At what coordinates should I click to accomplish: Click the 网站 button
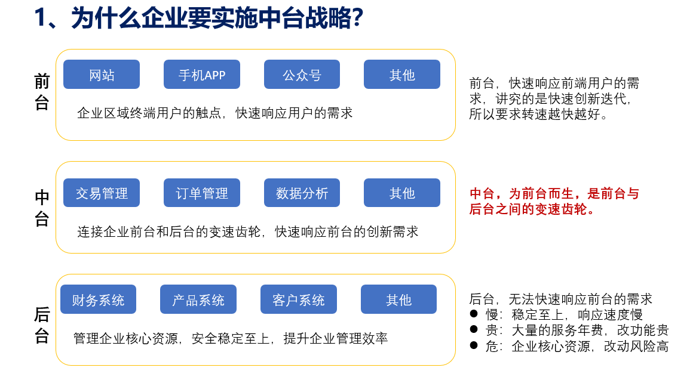pyautogui.click(x=101, y=75)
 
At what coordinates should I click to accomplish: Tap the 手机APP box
pyautogui.click(x=201, y=75)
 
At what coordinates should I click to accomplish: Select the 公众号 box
pyautogui.click(x=302, y=75)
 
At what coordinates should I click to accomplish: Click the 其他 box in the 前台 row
pyautogui.click(x=401, y=75)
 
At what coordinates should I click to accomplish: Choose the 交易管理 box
pyautogui.click(x=101, y=193)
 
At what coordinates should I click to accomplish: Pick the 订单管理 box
pyautogui.click(x=201, y=193)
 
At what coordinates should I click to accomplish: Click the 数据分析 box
pyautogui.click(x=302, y=193)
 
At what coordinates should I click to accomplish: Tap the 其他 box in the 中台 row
pyautogui.click(x=401, y=193)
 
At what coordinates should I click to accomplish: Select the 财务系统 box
pyautogui.click(x=98, y=299)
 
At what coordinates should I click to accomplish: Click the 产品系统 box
pyautogui.click(x=198, y=299)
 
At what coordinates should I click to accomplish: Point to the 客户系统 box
pyautogui.click(x=298, y=299)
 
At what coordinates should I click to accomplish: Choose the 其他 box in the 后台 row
pyautogui.click(x=398, y=299)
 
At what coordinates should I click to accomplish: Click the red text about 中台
pyautogui.click(x=554, y=201)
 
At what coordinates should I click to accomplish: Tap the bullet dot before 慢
pyautogui.click(x=474, y=314)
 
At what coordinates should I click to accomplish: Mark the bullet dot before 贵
pyautogui.click(x=474, y=329)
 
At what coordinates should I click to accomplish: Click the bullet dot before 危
pyautogui.click(x=474, y=345)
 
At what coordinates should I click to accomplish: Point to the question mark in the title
pyautogui.click(x=357, y=18)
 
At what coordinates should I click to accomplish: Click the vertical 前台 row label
pyautogui.click(x=42, y=92)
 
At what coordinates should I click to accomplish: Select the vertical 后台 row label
pyautogui.click(x=42, y=325)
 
